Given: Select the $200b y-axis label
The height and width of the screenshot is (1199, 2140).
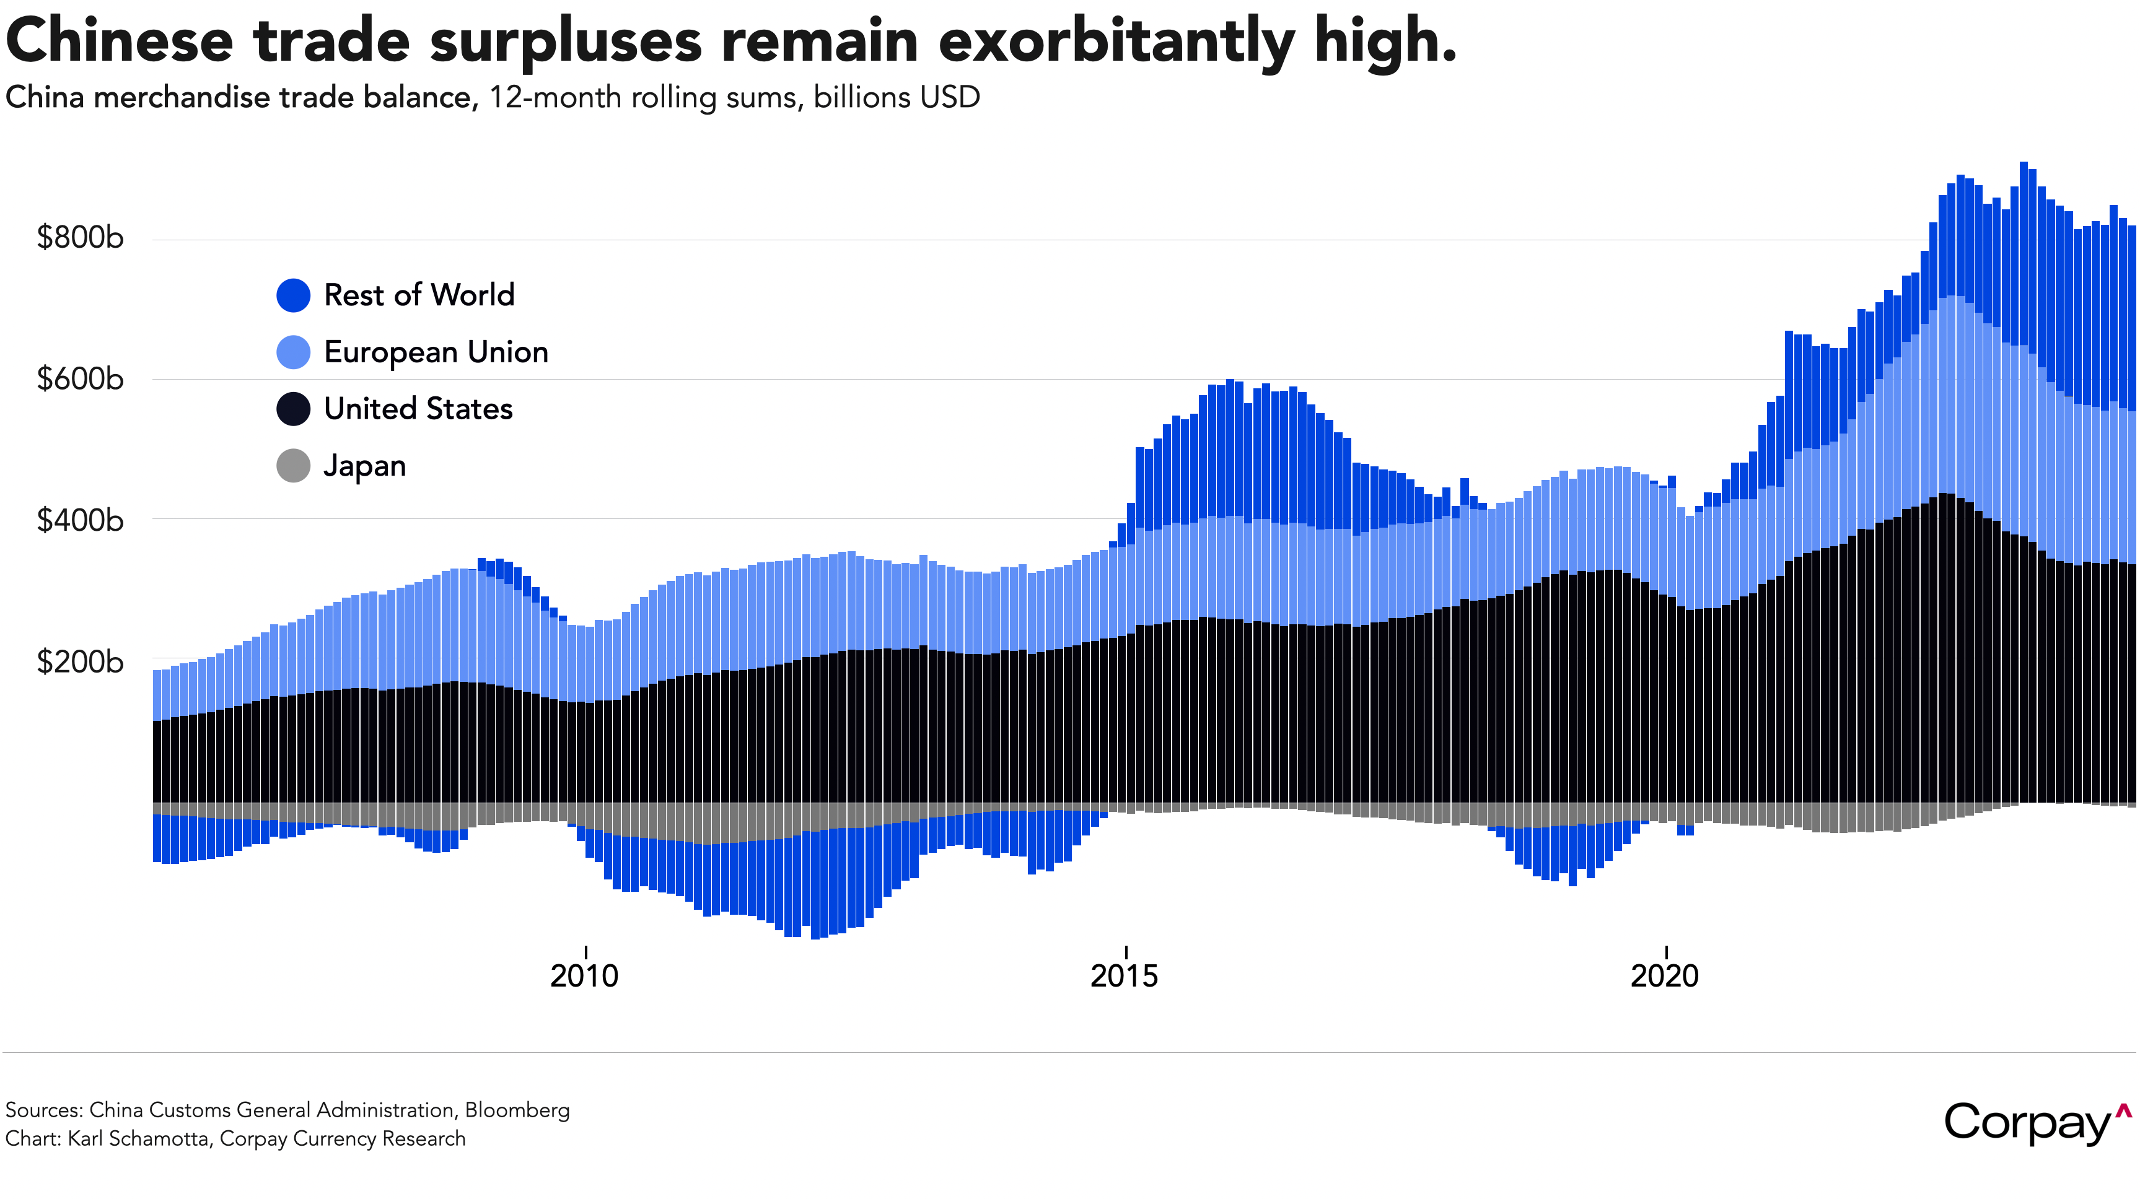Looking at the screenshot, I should (80, 662).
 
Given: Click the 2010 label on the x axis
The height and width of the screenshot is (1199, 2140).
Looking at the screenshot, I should (584, 975).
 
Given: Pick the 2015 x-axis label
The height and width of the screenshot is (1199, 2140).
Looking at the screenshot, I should (1124, 975).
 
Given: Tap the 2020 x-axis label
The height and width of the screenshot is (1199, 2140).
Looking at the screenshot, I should (1664, 975).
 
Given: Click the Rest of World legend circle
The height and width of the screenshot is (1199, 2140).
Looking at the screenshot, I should (293, 295).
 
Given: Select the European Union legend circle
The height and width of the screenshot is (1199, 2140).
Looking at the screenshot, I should (293, 352).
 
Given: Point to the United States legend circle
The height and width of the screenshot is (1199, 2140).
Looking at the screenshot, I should (293, 409).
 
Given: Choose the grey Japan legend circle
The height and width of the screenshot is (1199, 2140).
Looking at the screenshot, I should (293, 466).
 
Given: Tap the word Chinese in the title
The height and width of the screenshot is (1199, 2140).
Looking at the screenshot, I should (120, 41).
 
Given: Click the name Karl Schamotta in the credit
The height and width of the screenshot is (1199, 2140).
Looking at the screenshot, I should (138, 1138).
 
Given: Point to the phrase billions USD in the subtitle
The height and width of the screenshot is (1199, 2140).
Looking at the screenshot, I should (897, 97).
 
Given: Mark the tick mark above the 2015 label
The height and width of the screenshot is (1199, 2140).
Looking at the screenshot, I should (1126, 951).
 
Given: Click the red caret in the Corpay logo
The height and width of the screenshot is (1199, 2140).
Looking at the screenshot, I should (2123, 1111).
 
